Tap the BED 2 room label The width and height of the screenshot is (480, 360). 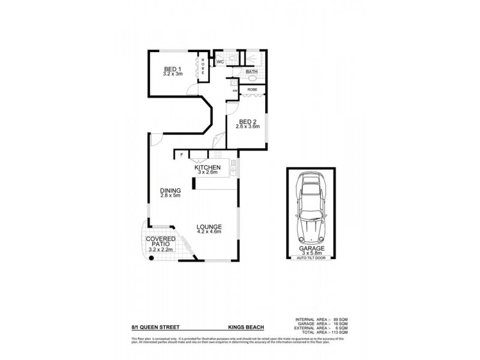(x=247, y=121)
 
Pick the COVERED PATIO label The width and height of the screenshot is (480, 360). (x=160, y=242)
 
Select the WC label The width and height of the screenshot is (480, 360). (x=220, y=62)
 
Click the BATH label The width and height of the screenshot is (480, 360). (x=252, y=72)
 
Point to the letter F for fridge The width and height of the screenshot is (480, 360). (x=181, y=155)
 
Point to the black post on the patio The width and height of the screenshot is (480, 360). (x=152, y=258)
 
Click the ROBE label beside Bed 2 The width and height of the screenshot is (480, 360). (x=252, y=90)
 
